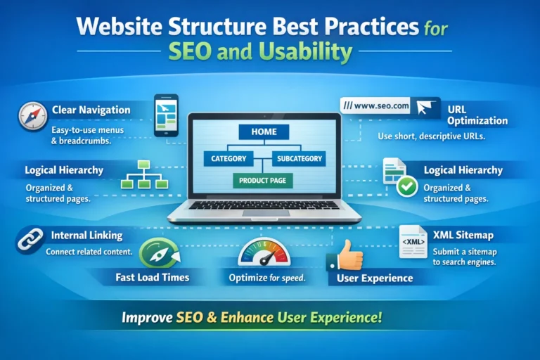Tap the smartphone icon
tap(166, 115)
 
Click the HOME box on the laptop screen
tap(264, 131)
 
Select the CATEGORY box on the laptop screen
tap(229, 159)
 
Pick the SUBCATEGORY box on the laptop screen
tap(299, 159)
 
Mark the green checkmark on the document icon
tap(406, 187)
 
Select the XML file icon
tap(412, 241)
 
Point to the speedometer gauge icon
tap(264, 251)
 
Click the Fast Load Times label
tap(152, 278)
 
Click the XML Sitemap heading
tap(463, 236)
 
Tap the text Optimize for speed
tap(266, 278)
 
